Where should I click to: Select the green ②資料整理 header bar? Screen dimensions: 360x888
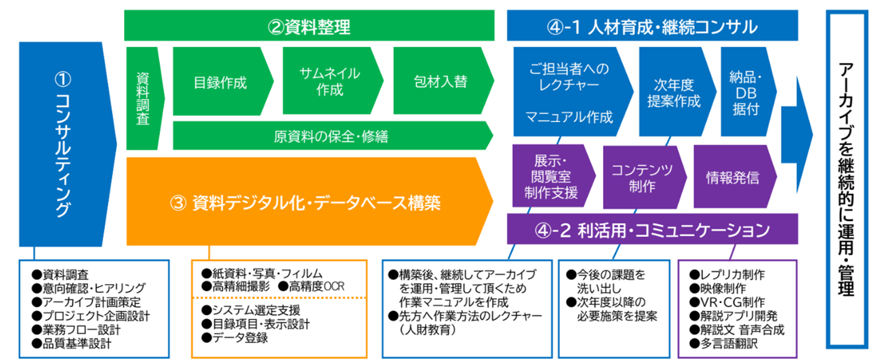(309, 27)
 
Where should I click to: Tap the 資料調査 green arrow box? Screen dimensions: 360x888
(143, 98)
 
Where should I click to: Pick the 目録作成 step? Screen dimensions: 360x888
(220, 83)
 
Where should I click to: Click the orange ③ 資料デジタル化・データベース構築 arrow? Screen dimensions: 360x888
(308, 202)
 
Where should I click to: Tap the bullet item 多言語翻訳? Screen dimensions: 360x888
(727, 344)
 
